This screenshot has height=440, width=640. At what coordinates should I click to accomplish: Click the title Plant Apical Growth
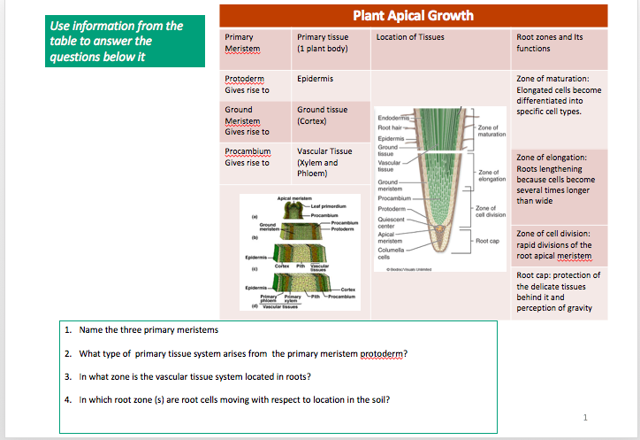(413, 15)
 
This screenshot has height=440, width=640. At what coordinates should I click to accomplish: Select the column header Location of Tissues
(410, 37)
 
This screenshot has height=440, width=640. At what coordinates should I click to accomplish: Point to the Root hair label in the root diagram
(390, 127)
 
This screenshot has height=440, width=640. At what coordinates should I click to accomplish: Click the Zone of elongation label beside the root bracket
(491, 175)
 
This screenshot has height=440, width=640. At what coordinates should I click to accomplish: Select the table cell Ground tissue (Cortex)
(323, 114)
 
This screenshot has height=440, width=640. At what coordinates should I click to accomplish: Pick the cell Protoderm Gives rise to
(248, 84)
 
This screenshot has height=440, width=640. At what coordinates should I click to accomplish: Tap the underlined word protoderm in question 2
(384, 354)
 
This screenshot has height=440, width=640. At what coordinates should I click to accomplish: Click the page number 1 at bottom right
(585, 416)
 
